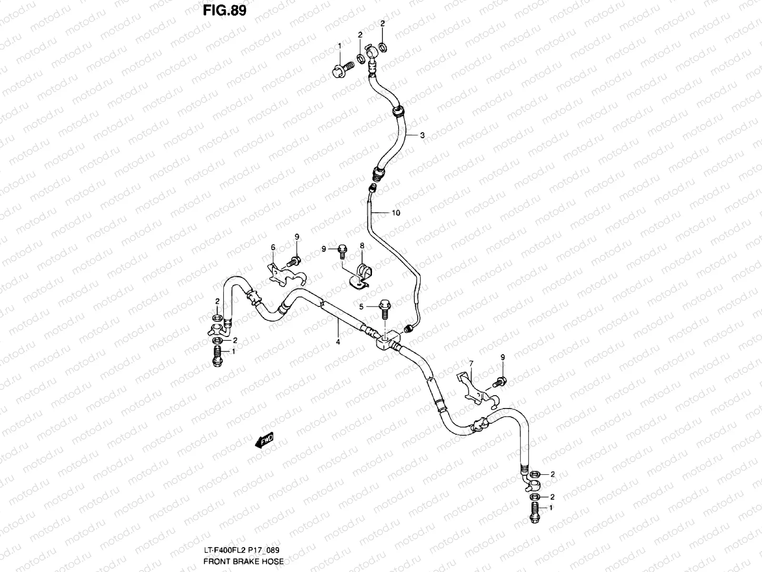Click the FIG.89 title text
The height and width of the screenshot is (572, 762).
point(225,10)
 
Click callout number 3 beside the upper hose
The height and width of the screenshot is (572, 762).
point(422,135)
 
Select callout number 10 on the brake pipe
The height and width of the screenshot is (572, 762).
point(396,213)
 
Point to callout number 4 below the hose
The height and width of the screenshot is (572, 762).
point(338,341)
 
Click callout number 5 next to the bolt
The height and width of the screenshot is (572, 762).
point(361,307)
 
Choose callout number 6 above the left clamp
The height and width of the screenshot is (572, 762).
point(273,247)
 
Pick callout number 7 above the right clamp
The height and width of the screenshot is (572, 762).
point(471,364)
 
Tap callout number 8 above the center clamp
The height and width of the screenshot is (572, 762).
point(362,245)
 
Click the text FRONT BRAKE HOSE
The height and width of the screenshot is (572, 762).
point(243,562)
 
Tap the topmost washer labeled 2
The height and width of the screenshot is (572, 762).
point(383,47)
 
